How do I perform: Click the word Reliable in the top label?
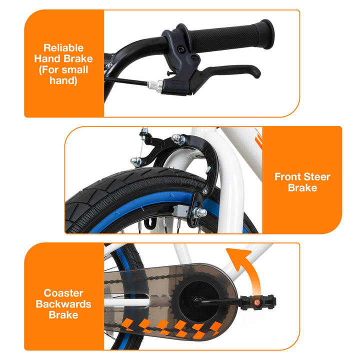(63, 48)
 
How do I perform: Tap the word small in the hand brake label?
(75, 69)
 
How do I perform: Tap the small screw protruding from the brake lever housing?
(171, 73)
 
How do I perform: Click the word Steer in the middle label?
(317, 177)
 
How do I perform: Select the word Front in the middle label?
(288, 177)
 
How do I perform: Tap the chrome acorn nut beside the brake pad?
(200, 212)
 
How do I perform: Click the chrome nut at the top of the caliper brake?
(178, 138)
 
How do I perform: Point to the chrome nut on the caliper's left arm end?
(135, 161)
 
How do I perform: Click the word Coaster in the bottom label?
(63, 293)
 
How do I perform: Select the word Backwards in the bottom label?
(63, 304)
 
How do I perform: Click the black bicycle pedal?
(257, 302)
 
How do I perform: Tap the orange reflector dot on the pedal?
(256, 302)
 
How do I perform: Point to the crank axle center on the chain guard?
(197, 301)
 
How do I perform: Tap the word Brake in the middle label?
(302, 188)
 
